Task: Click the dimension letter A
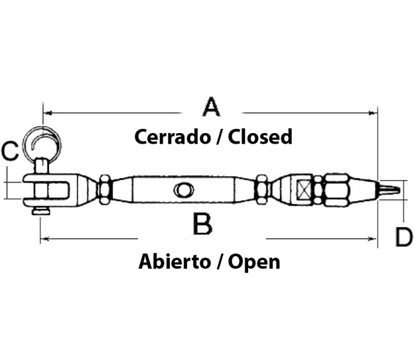211,107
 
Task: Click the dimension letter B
203,224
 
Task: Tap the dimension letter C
10,151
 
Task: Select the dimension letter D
404,237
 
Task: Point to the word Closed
260,137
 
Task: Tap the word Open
254,263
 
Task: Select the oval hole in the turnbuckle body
183,190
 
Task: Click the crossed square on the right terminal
304,190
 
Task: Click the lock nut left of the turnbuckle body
105,189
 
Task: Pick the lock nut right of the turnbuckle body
262,189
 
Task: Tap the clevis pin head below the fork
41,212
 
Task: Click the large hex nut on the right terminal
336,190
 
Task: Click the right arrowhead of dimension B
373,238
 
